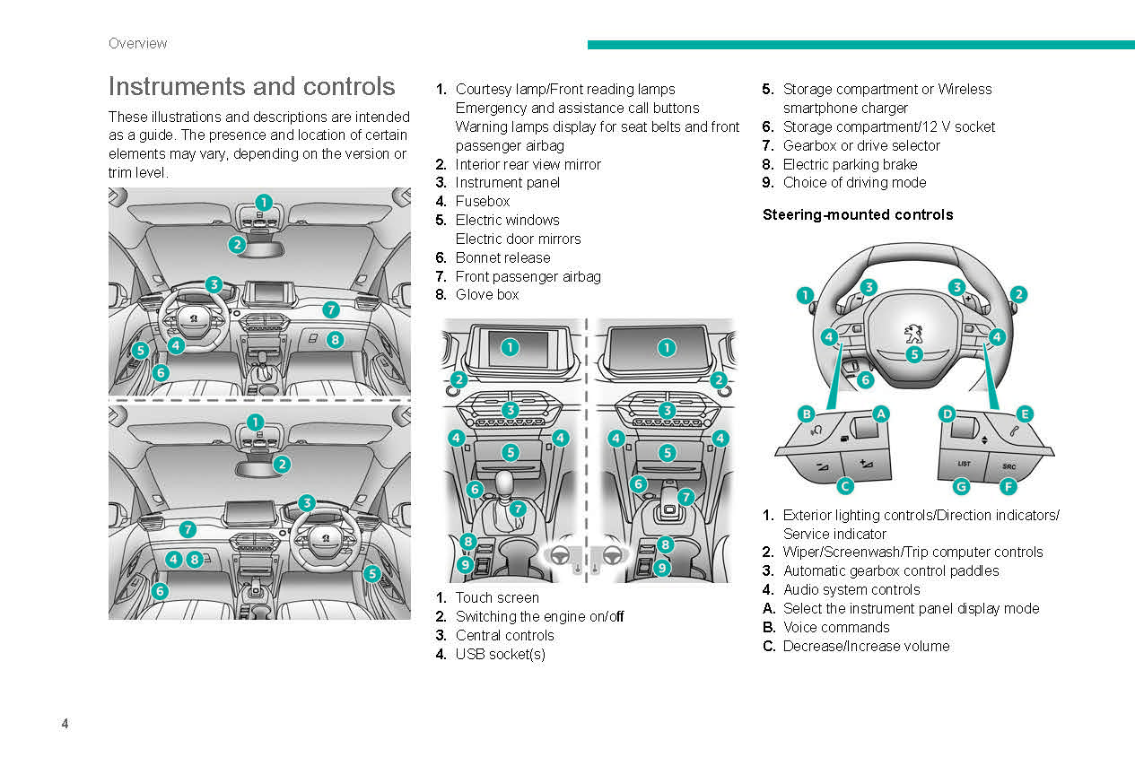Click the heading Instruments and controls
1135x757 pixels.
point(251,87)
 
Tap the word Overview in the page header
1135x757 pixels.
point(137,43)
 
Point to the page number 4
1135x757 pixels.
point(65,724)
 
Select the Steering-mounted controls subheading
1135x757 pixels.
point(857,214)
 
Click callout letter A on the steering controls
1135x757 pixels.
point(881,413)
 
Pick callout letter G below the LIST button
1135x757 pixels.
point(961,486)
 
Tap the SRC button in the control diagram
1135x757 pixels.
point(1008,466)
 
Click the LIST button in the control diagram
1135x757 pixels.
point(964,465)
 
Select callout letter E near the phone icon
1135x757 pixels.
point(1024,413)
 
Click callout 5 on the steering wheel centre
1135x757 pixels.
point(913,354)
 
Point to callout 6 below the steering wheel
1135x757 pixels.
point(865,379)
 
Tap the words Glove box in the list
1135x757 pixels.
point(486,294)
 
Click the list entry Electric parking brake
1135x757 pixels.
point(850,164)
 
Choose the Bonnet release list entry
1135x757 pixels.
point(502,257)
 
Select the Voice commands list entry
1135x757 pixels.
point(835,627)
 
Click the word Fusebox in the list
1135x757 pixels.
point(482,201)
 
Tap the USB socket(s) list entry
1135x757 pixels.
point(500,654)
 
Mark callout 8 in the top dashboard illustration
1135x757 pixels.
point(335,339)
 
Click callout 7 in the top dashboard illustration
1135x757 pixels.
point(331,309)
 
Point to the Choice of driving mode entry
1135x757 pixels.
point(854,182)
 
